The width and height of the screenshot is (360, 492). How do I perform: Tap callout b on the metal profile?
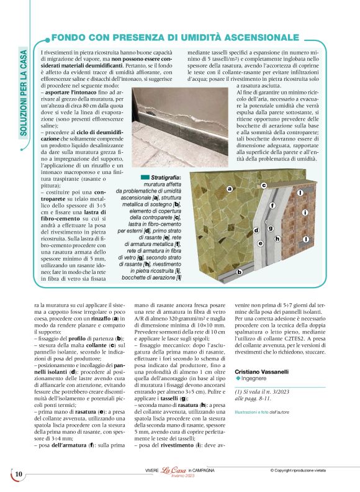click(238, 271)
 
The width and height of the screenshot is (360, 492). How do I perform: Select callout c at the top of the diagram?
click(263, 185)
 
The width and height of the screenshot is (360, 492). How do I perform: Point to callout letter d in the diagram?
click(256, 230)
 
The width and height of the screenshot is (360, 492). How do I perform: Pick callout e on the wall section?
click(261, 244)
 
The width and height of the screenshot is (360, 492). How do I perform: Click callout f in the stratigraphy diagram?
click(272, 205)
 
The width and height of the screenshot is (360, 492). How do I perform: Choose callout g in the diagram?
click(271, 228)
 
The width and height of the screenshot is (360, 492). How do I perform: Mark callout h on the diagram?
click(277, 239)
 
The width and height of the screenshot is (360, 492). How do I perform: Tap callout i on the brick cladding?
click(305, 213)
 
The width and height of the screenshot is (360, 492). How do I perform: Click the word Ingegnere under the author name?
click(257, 379)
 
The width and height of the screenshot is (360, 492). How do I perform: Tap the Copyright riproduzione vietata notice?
click(315, 470)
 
